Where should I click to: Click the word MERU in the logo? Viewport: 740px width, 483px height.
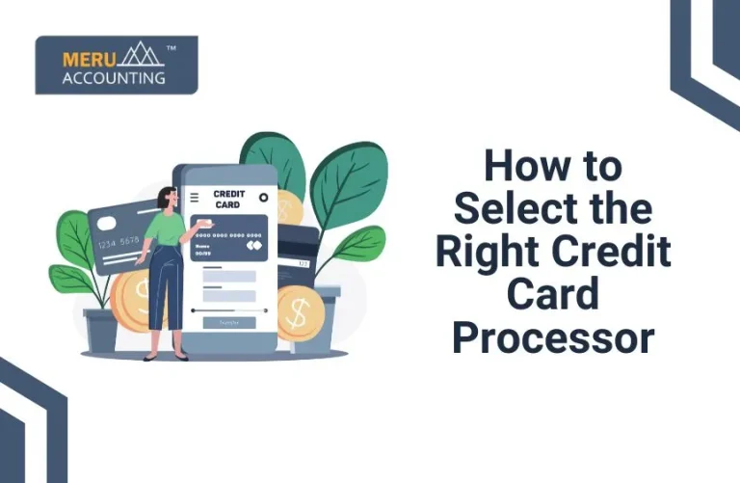tap(84, 58)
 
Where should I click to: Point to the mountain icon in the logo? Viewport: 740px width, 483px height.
tap(143, 56)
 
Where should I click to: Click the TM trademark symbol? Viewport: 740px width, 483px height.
tap(171, 47)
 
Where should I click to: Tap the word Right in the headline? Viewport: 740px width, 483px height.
tap(489, 251)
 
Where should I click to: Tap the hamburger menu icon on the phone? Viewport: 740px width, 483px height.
tap(195, 197)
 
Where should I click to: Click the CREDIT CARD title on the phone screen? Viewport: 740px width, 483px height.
tap(228, 199)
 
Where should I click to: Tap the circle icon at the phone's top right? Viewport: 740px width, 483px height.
tap(262, 198)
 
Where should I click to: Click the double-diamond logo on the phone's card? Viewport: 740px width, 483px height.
tap(255, 246)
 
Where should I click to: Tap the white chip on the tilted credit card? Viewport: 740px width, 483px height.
tap(105, 220)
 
